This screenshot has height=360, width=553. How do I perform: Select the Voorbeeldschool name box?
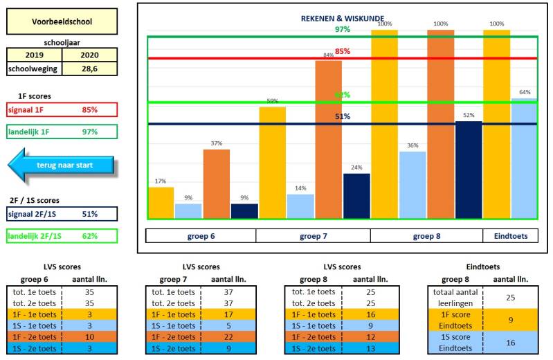tap(62, 21)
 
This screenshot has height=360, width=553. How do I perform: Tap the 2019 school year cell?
tap(34, 55)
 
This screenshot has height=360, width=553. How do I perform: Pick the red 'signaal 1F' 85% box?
tap(62, 109)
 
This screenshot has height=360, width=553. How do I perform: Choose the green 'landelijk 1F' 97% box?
tap(62, 132)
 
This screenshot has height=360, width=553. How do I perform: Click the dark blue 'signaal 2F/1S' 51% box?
tap(62, 214)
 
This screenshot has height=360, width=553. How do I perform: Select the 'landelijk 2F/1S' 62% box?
tap(62, 236)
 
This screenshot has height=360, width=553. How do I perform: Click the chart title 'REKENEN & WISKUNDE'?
tap(342, 18)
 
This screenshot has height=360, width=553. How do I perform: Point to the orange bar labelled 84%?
tap(329, 138)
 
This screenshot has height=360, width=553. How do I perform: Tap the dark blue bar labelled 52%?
tap(469, 170)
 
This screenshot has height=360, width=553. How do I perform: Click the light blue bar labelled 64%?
tap(524, 159)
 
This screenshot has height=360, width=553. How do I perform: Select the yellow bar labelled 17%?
tap(161, 202)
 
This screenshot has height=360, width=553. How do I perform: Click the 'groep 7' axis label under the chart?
tap(314, 236)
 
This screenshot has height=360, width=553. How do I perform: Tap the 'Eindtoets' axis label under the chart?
tap(510, 236)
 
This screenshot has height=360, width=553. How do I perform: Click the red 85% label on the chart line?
tap(342, 51)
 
